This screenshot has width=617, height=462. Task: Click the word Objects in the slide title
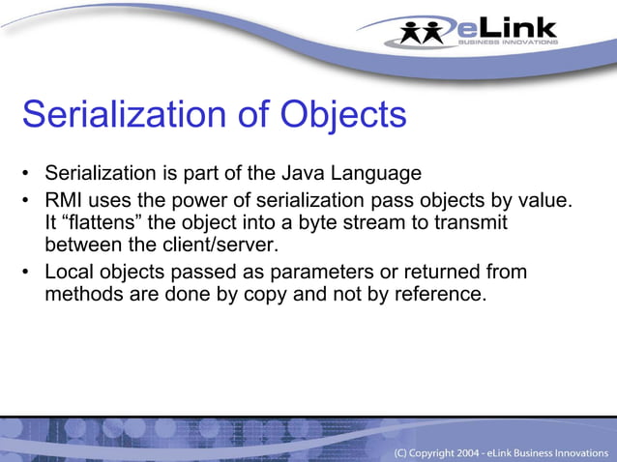(343, 115)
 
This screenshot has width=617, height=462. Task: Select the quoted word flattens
(108, 222)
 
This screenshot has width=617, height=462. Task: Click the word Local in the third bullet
(70, 272)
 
